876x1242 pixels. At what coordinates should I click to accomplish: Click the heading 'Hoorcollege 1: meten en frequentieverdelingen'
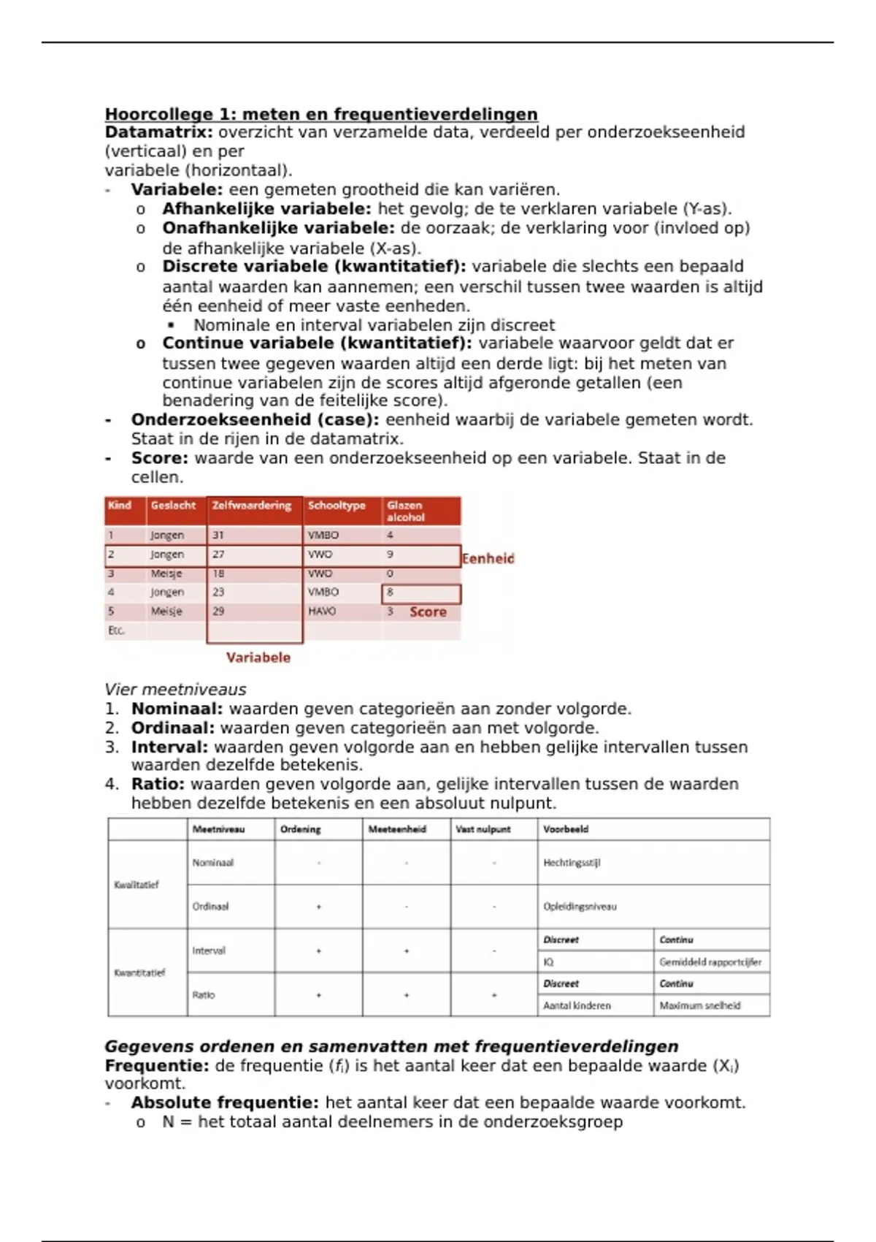(x=321, y=114)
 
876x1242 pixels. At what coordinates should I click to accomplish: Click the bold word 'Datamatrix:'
(x=159, y=132)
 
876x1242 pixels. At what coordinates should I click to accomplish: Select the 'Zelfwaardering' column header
(x=252, y=506)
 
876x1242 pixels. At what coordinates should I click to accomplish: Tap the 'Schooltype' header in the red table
(x=337, y=506)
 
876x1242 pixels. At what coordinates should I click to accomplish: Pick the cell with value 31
(x=218, y=536)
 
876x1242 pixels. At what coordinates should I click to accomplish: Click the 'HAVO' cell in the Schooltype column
(x=322, y=612)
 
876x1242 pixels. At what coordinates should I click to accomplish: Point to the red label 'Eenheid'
(x=488, y=559)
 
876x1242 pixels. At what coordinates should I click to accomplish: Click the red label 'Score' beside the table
(x=428, y=612)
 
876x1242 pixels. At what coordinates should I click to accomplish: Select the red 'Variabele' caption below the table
(x=258, y=658)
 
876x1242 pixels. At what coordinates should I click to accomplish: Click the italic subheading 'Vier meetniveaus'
(x=175, y=690)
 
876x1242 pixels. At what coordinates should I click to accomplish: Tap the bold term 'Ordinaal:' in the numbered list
(x=173, y=728)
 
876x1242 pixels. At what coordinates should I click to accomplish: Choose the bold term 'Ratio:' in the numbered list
(x=158, y=785)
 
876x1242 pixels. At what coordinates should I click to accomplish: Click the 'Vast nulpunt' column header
(x=483, y=830)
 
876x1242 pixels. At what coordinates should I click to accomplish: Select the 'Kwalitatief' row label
(x=137, y=885)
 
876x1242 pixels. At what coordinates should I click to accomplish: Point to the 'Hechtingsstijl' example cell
(x=572, y=863)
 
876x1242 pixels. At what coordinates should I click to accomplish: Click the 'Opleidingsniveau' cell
(x=580, y=907)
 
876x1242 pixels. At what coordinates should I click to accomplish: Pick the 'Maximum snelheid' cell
(x=700, y=1006)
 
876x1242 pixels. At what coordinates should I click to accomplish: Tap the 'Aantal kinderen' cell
(x=577, y=1006)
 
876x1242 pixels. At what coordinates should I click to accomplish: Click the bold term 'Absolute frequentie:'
(x=225, y=1102)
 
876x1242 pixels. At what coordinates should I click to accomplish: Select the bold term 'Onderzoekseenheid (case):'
(x=255, y=420)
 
